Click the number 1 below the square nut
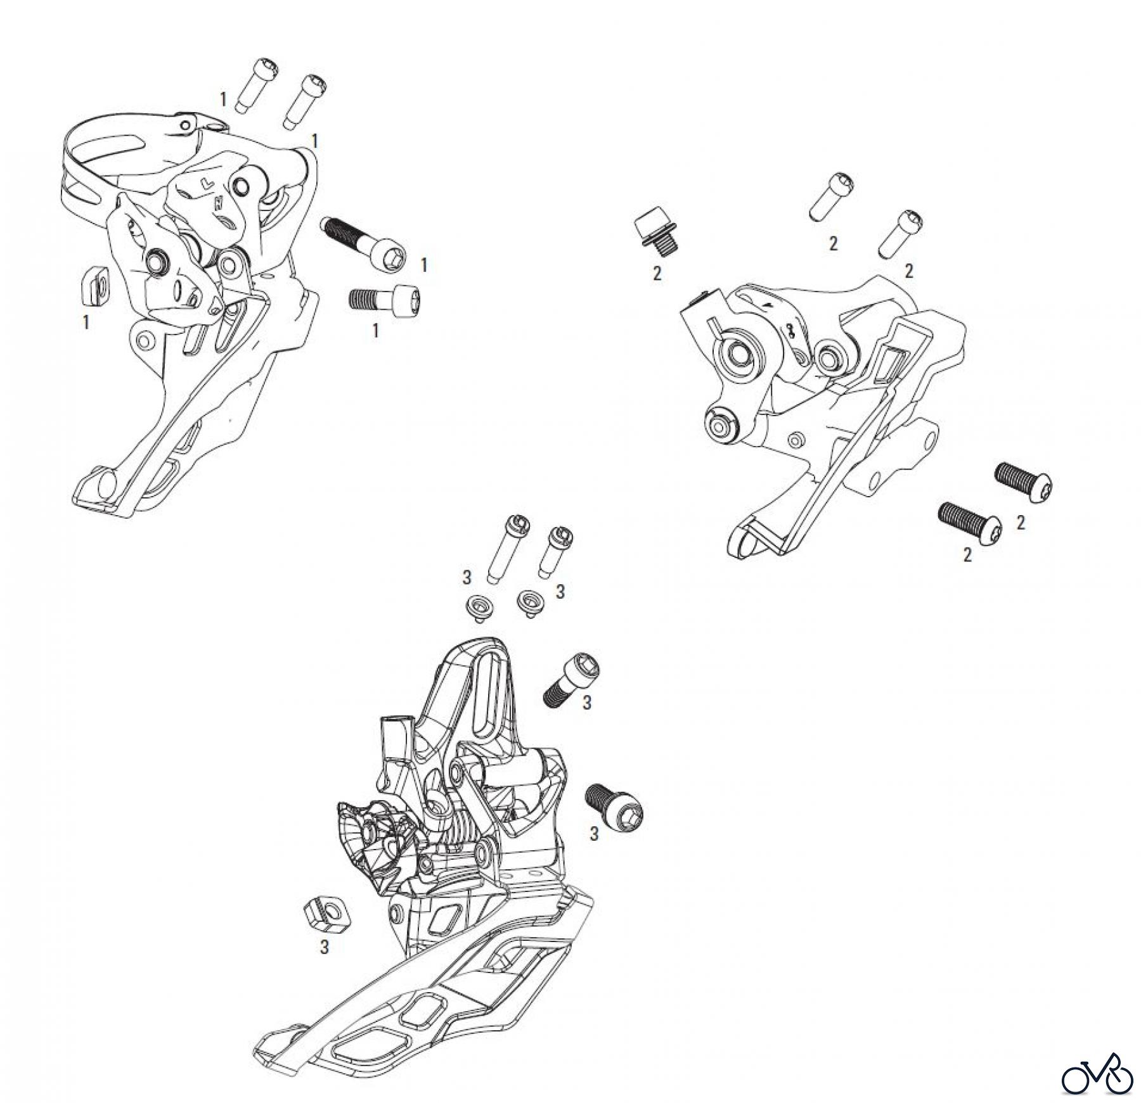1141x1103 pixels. [x=86, y=322]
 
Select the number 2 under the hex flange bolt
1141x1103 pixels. [x=657, y=273]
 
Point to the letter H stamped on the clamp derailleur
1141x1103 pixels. [x=217, y=204]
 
